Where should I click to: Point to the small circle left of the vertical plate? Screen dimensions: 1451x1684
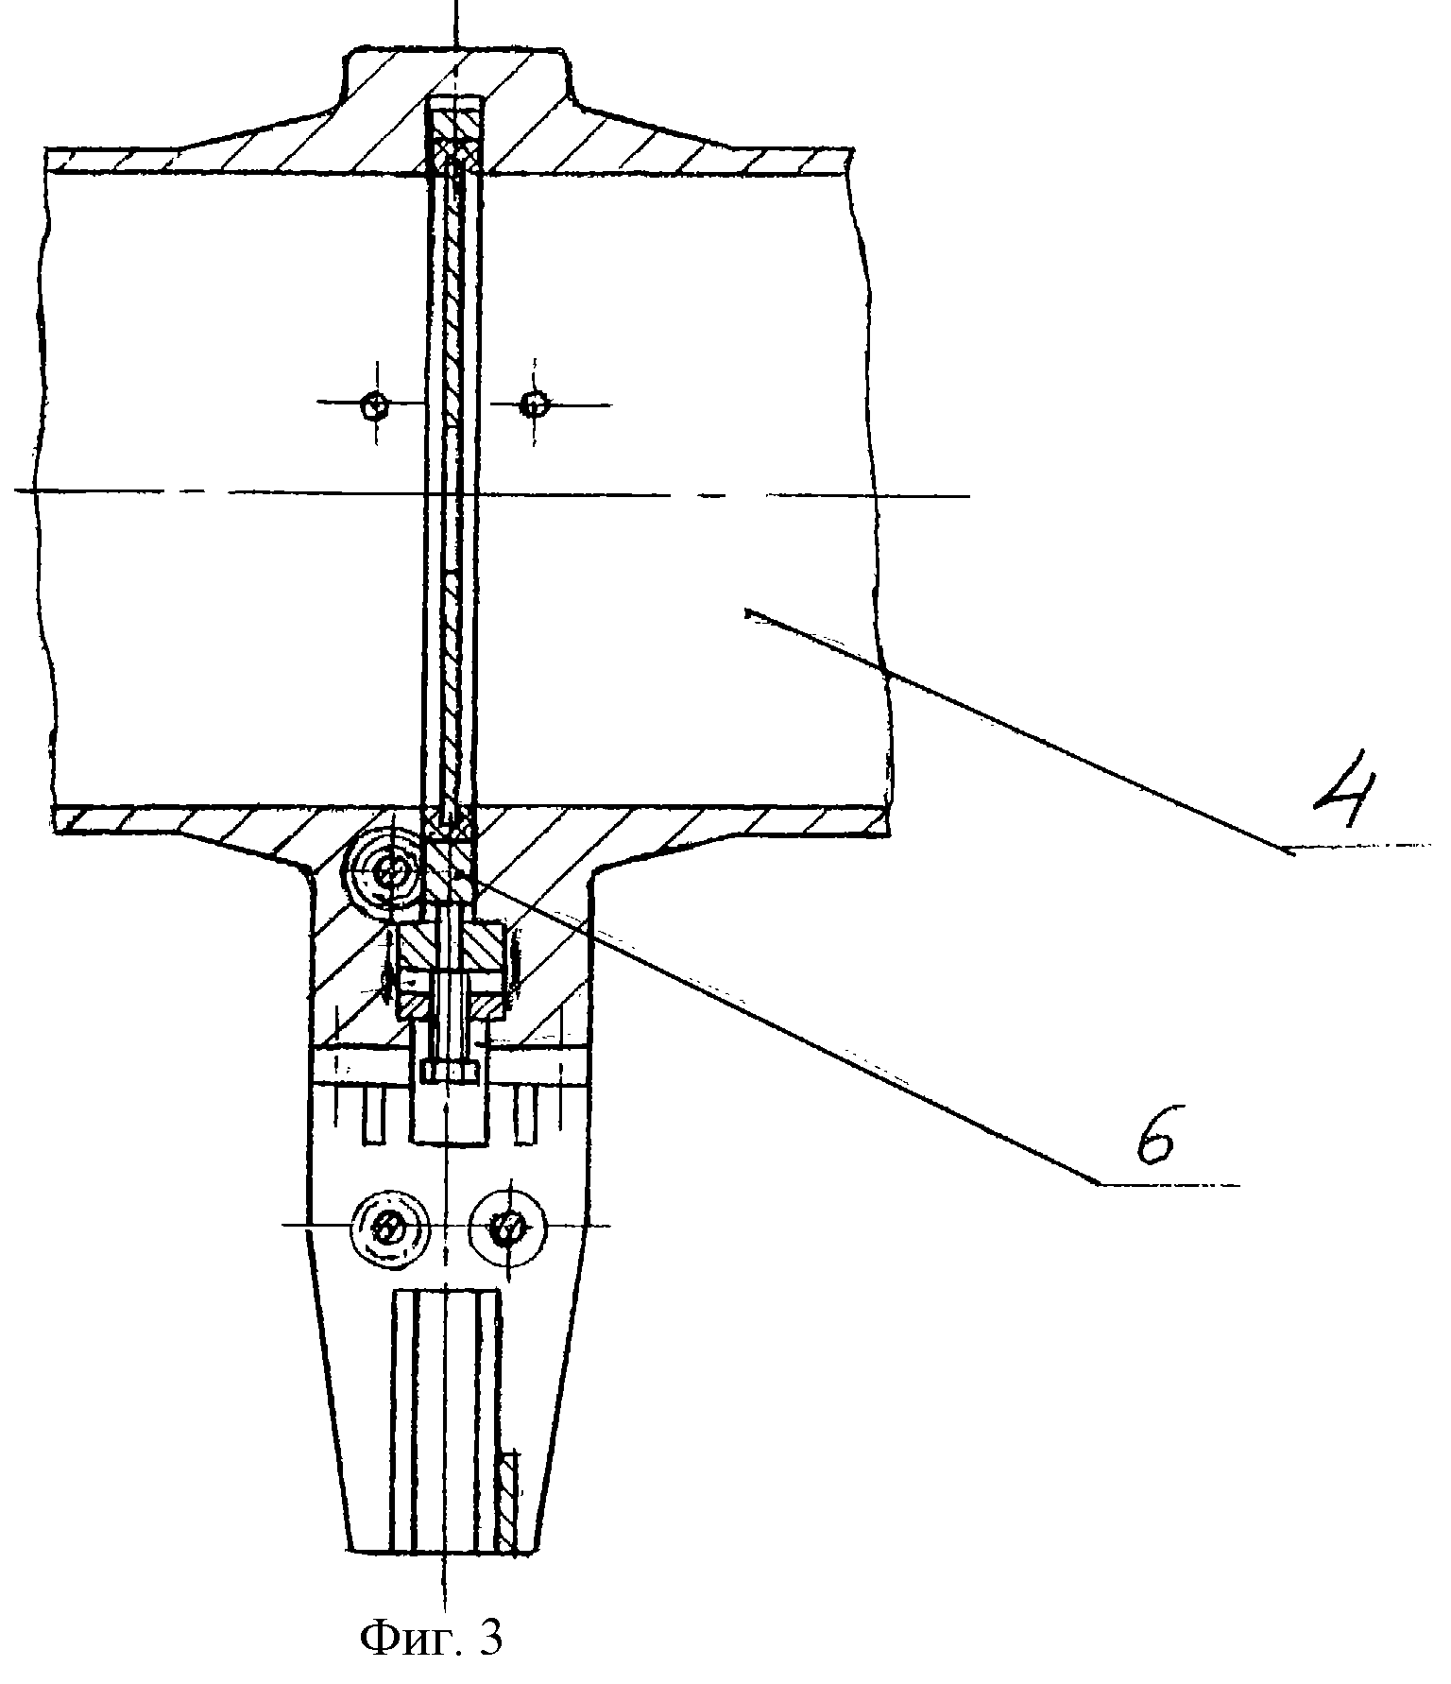click(x=376, y=405)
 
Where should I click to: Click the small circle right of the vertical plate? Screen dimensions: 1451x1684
click(x=535, y=405)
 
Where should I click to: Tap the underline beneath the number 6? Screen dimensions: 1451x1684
click(x=1171, y=1184)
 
